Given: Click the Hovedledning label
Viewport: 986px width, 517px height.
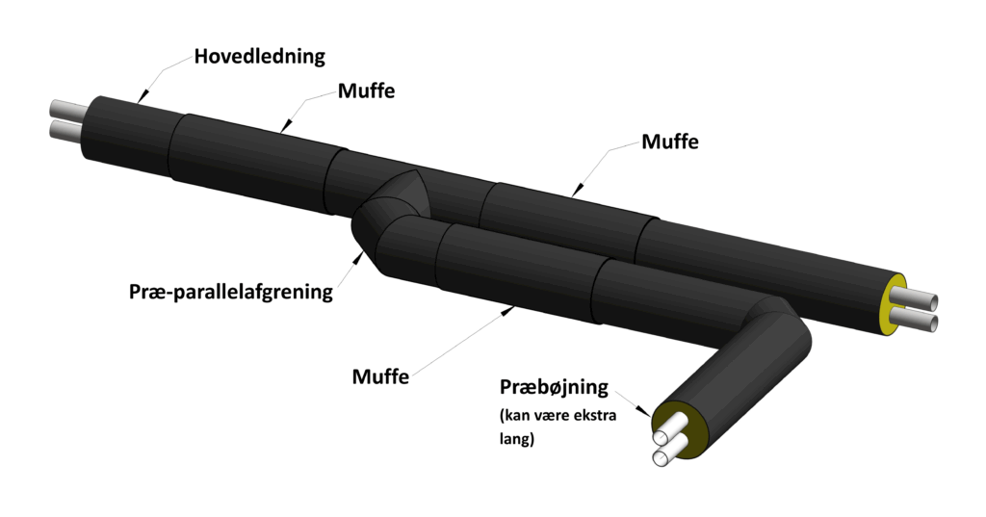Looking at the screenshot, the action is pos(259,56).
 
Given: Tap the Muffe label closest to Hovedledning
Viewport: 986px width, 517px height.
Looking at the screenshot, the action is pos(367,90).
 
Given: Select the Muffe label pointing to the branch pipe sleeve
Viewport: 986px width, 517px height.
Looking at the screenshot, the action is pos(380,376).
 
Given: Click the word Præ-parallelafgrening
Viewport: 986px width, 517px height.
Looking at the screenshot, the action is pos(231,292).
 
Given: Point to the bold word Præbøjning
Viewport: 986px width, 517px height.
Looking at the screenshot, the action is pos(554,387).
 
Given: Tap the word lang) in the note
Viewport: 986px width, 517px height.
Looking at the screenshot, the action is pos(517,438).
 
